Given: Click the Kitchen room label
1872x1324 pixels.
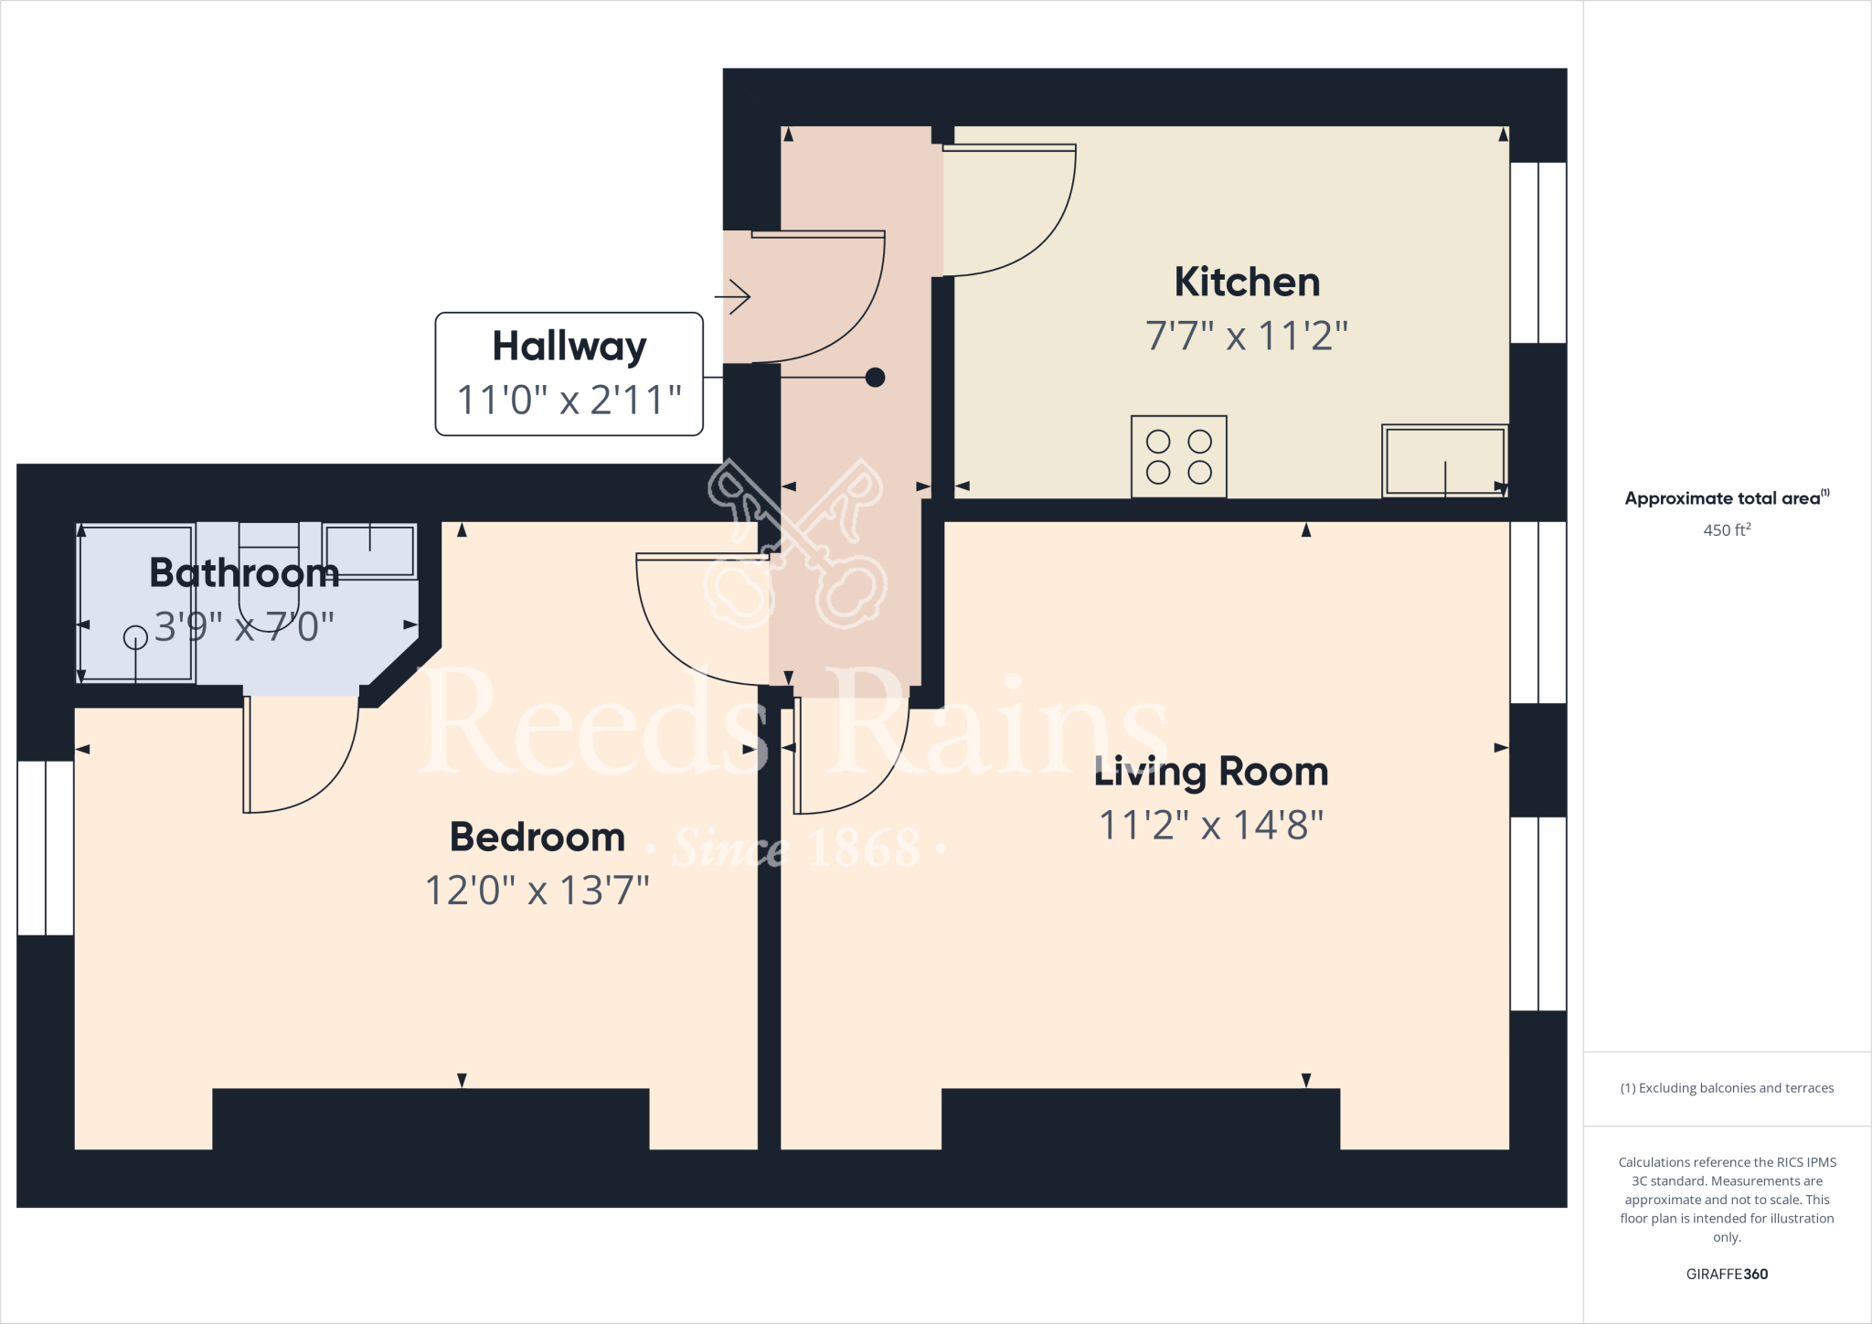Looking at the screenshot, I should pyautogui.click(x=1247, y=282).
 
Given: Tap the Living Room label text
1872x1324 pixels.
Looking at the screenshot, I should pyautogui.click(x=1211, y=772).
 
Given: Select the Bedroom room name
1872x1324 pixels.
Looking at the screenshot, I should pyautogui.click(x=537, y=837).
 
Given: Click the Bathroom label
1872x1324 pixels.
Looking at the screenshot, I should pyautogui.click(x=244, y=572).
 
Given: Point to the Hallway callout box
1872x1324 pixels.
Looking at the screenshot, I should pyautogui.click(x=569, y=374).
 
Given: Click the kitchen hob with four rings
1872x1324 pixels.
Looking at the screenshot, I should pyautogui.click(x=1178, y=456).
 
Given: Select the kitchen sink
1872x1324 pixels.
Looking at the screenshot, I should pyautogui.click(x=1444, y=461).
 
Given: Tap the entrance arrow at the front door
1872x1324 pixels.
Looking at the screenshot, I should pyautogui.click(x=733, y=296).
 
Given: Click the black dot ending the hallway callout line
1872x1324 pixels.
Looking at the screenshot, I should pyautogui.click(x=875, y=377).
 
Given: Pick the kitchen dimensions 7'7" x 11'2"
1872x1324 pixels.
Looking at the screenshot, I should pyautogui.click(x=1247, y=336).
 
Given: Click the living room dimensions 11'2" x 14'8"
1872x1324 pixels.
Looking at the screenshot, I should pyautogui.click(x=1211, y=825).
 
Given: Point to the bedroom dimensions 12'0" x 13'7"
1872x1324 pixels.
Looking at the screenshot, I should pyautogui.click(x=537, y=890).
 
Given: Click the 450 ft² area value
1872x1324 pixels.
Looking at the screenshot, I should pyautogui.click(x=1727, y=530).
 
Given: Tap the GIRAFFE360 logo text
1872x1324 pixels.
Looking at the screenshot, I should pyautogui.click(x=1727, y=1274).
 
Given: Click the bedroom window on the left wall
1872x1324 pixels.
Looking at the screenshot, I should pyautogui.click(x=46, y=848).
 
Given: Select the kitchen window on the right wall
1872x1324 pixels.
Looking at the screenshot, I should pyautogui.click(x=1538, y=252).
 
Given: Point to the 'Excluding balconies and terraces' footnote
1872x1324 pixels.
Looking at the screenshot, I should pyautogui.click(x=1727, y=1088).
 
